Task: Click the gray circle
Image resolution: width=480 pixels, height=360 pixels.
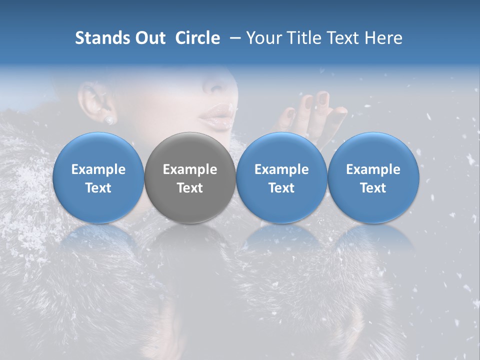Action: point(190,177)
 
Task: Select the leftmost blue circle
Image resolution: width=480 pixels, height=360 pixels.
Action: point(98,177)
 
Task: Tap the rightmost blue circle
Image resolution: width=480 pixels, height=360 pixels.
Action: point(373,177)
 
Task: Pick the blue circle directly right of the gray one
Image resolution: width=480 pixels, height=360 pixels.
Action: point(281,177)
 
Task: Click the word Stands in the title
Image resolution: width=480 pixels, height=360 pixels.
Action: point(102,38)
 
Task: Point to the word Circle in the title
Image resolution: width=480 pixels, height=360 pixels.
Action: point(197,38)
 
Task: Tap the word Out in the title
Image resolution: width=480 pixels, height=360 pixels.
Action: point(150,38)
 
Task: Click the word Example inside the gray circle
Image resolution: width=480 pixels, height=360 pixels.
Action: point(190,169)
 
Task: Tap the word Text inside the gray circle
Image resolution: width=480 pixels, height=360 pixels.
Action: point(190,188)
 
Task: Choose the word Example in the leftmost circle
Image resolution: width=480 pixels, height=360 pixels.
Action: point(98,169)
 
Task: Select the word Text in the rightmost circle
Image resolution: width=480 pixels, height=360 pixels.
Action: point(373,188)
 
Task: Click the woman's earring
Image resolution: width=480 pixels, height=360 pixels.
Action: point(109,120)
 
